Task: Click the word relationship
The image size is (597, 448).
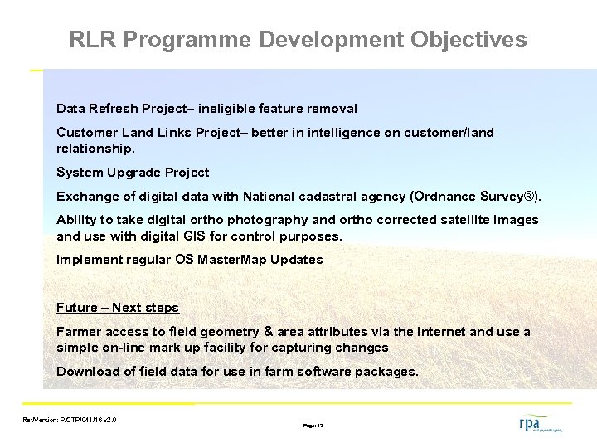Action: [93, 149]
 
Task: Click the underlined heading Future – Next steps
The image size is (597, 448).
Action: [117, 308]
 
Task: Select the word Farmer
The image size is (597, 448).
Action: [79, 332]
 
